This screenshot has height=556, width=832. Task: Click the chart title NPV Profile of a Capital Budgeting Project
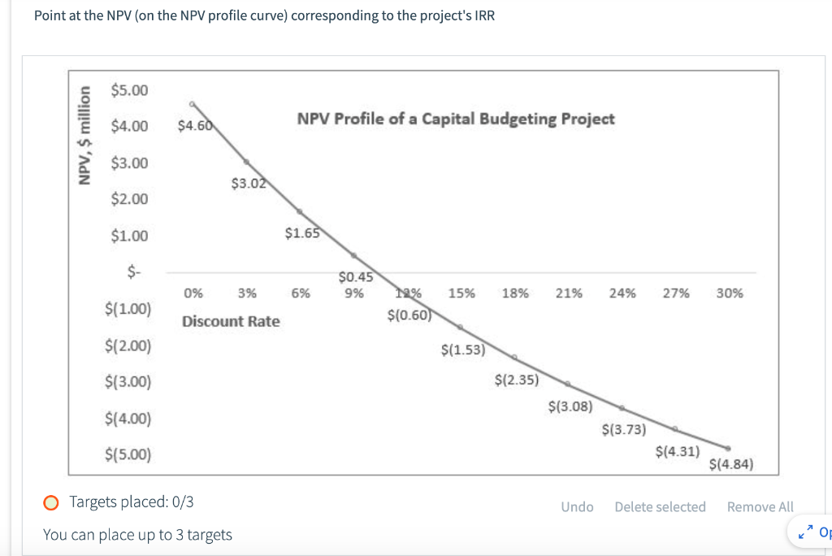(x=456, y=119)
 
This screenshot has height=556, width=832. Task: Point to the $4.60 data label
(x=194, y=126)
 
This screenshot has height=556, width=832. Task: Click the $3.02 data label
(x=247, y=184)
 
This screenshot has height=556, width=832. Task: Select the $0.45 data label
(x=354, y=277)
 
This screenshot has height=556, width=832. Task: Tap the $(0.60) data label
(x=408, y=315)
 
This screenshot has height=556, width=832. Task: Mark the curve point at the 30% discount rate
(x=728, y=448)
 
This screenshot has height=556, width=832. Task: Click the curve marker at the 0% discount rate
(x=193, y=104)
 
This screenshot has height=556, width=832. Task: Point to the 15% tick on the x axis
(x=461, y=293)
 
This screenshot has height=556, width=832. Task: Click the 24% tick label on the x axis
(x=622, y=293)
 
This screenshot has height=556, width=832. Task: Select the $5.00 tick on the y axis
(x=130, y=89)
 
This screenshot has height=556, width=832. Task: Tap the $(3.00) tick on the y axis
(x=128, y=382)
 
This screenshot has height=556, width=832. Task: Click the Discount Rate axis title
(x=231, y=321)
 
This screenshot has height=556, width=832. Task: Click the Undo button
(x=577, y=507)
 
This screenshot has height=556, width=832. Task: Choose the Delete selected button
(x=660, y=507)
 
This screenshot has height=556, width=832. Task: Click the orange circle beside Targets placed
(x=51, y=502)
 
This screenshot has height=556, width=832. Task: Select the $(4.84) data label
(x=731, y=465)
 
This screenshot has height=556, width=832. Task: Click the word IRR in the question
(x=483, y=16)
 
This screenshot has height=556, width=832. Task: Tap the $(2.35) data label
(x=515, y=379)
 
